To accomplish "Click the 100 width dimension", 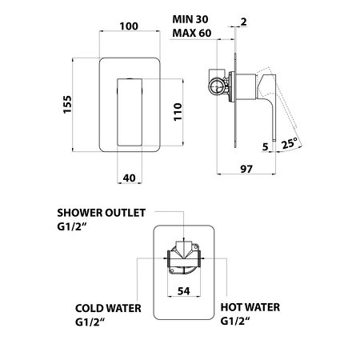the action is [129, 26].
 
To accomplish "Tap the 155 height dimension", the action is [67, 104].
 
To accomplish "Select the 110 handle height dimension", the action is [178, 112].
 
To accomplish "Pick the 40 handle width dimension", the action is [130, 178].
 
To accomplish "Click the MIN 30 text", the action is [190, 19].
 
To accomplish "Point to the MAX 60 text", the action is [192, 33].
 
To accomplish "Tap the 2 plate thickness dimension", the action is [243, 22].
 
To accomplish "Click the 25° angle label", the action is [290, 143].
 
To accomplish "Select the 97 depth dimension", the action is [246, 169].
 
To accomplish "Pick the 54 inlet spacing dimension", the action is [184, 291].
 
